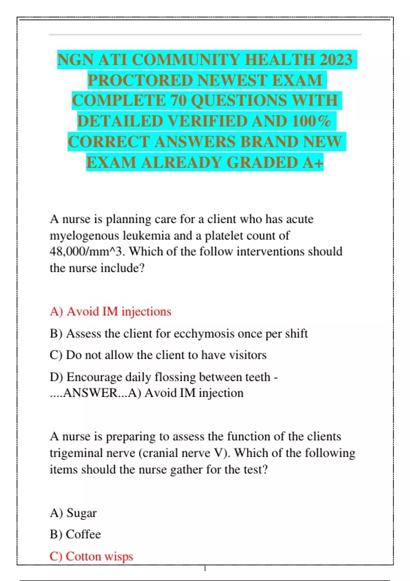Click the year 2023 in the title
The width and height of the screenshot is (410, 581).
tap(336, 60)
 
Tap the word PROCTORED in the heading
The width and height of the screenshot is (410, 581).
tap(140, 81)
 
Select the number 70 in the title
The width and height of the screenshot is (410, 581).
tap(178, 101)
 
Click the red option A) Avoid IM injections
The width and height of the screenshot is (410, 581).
tap(110, 311)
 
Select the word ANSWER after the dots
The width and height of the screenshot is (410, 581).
tap(91, 393)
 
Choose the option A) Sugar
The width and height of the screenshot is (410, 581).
tap(73, 513)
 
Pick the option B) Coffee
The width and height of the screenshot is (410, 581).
tap(75, 534)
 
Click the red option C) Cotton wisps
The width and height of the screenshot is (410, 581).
tap(91, 556)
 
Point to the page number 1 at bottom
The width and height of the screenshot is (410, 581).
tap(205, 569)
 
